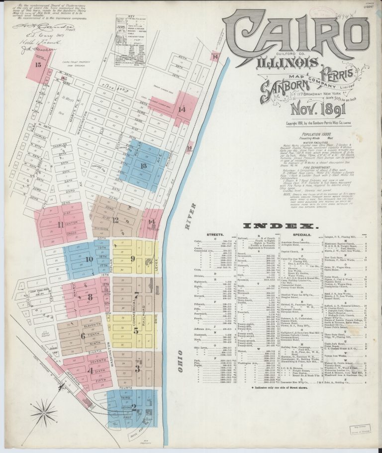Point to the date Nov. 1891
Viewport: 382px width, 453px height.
(302, 108)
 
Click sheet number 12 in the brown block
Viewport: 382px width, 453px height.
(115, 219)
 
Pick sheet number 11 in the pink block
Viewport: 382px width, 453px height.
(61, 225)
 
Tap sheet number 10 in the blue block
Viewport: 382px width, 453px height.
(89, 259)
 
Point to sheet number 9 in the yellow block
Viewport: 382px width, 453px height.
(132, 258)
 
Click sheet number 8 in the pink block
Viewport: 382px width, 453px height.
(90, 297)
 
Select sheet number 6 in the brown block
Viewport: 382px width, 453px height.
(83, 336)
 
